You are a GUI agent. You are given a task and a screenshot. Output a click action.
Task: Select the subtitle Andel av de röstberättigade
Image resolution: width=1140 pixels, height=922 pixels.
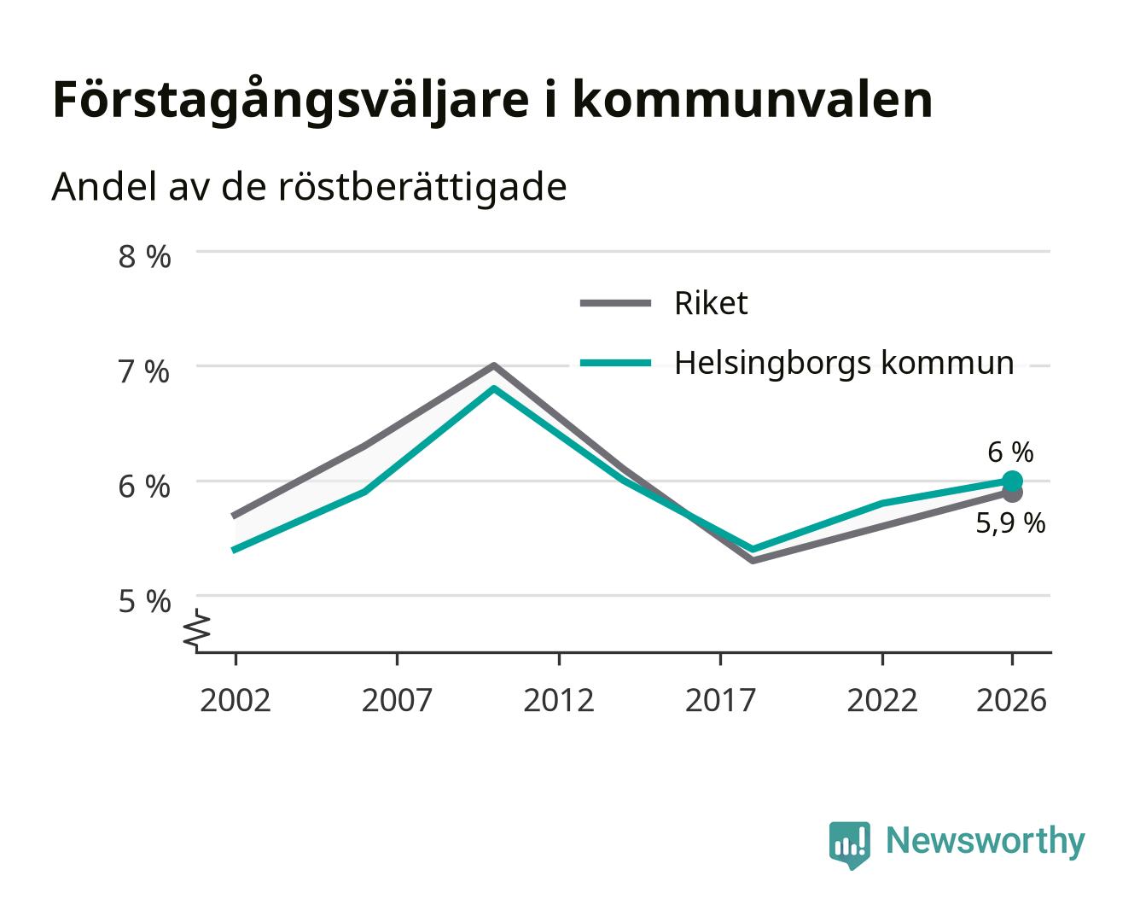point(309,187)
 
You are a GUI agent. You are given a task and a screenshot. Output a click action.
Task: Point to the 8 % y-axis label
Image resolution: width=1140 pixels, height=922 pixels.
point(144,257)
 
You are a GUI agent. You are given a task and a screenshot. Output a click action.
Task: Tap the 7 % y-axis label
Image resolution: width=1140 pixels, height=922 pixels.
point(144,372)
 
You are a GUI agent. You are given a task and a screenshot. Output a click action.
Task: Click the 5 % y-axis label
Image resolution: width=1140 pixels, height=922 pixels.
point(144,601)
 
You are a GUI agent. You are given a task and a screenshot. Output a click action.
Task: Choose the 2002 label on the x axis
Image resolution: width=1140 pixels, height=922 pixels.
point(235,700)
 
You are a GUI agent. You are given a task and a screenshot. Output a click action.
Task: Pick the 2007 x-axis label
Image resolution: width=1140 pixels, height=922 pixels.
point(397,700)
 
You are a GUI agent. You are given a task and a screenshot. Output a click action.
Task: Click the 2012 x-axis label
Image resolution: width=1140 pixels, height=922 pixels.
point(559,700)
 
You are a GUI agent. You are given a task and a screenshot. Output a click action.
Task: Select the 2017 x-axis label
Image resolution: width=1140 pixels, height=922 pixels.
point(720,700)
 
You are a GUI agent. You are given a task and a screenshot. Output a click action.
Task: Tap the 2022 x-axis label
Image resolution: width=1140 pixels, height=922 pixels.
point(882,700)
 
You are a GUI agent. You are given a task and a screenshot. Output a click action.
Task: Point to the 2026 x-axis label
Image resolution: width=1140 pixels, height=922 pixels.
point(1011,700)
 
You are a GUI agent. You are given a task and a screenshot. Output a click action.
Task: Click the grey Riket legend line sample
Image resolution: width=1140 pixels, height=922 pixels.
point(615,303)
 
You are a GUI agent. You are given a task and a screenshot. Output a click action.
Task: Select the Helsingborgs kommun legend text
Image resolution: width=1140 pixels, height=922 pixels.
point(844,364)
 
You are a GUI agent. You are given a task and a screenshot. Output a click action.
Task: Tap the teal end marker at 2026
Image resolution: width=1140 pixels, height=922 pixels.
point(1012,481)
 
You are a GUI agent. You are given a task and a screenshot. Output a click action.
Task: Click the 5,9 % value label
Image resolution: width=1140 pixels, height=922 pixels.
point(1010,523)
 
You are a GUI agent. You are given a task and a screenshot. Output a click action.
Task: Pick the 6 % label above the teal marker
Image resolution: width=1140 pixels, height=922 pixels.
point(1010,452)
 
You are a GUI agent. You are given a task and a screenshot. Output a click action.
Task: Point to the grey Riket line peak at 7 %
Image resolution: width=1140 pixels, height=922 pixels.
point(493,365)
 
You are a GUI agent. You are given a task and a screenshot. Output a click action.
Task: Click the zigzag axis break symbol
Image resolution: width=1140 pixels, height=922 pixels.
point(197,630)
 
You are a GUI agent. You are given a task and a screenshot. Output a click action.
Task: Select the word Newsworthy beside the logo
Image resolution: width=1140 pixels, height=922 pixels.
point(986,842)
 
